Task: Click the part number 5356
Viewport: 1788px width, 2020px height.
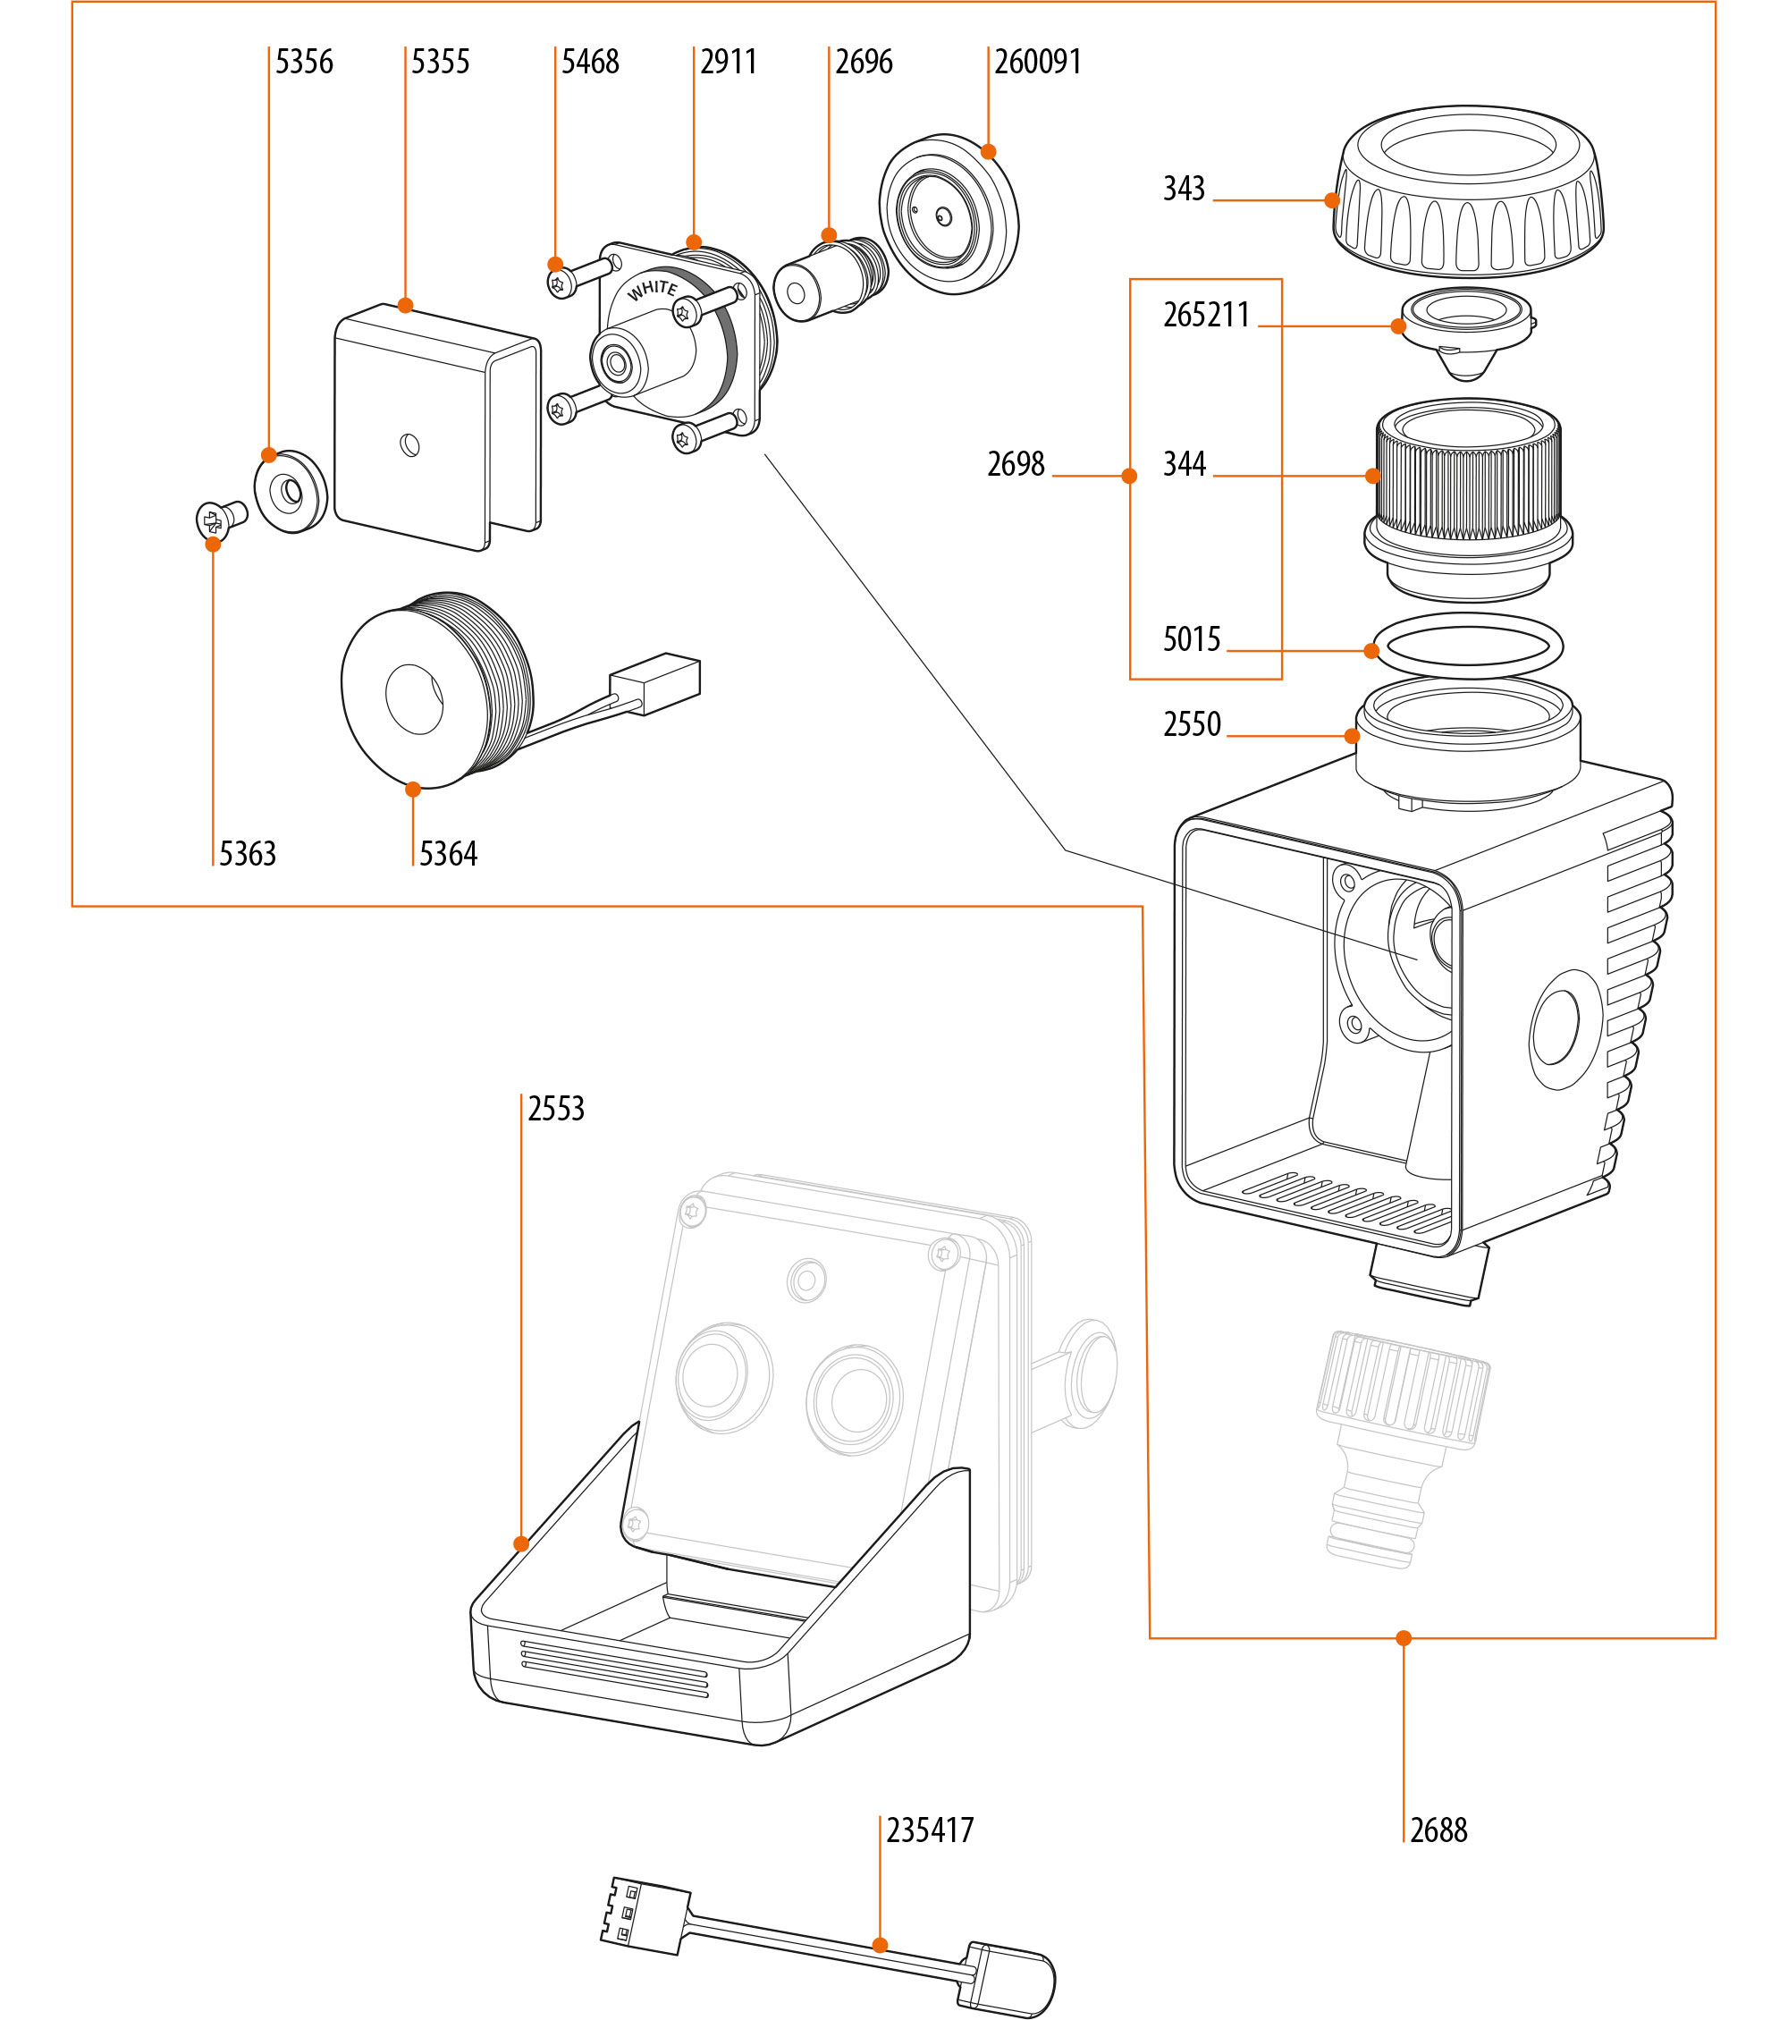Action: [x=303, y=63]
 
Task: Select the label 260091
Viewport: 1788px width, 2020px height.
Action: [x=1037, y=63]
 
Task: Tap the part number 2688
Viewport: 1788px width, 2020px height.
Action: [x=1438, y=1830]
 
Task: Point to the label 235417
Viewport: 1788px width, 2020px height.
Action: [x=930, y=1830]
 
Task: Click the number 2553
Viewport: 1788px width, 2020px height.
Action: [x=556, y=1109]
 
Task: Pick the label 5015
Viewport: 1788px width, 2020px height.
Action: [x=1192, y=639]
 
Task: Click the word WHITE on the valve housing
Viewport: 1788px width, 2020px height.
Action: [x=653, y=290]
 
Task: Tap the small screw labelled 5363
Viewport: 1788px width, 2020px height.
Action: [x=219, y=518]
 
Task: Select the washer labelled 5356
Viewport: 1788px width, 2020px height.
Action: [x=291, y=491]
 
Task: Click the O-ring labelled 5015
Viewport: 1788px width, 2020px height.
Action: [x=1468, y=646]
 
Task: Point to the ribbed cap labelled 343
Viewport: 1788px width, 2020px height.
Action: [x=1468, y=193]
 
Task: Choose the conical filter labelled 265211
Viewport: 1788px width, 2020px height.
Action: [x=1466, y=331]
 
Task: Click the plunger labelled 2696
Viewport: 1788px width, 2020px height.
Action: [x=830, y=279]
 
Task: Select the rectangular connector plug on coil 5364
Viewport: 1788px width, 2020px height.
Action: [x=656, y=683]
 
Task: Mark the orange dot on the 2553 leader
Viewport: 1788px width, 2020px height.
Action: [x=520, y=1543]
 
